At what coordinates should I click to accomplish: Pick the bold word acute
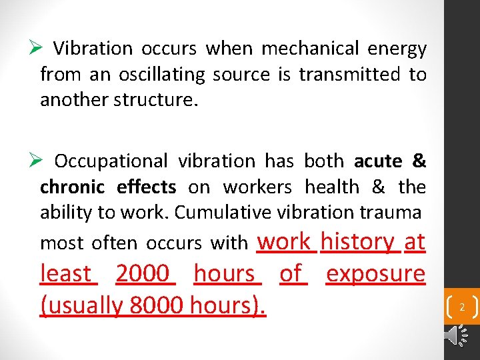click(x=378, y=161)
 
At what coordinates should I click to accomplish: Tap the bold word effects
click(x=146, y=187)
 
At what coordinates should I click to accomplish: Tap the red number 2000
click(x=144, y=273)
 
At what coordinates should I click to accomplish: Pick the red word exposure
click(x=375, y=273)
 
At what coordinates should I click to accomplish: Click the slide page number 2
click(x=461, y=307)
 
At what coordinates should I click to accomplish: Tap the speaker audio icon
click(x=457, y=336)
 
